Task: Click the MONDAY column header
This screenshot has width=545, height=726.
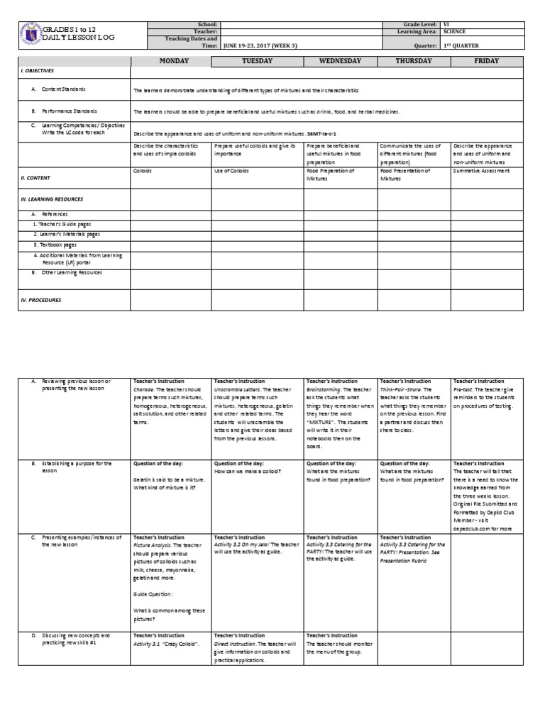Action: (x=173, y=61)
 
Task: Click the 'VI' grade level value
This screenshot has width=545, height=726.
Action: (x=446, y=24)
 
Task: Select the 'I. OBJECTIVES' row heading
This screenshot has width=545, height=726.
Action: (x=38, y=72)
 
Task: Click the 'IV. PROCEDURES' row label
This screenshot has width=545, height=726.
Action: (x=40, y=300)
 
